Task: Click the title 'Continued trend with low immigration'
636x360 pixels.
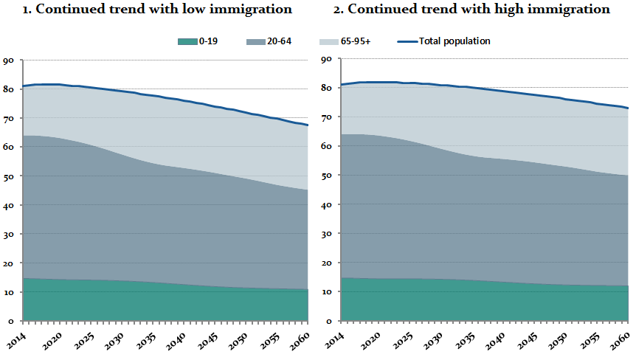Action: [157, 10]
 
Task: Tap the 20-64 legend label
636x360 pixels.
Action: [279, 41]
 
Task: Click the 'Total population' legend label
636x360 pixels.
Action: [454, 41]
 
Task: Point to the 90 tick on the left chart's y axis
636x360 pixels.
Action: [8, 60]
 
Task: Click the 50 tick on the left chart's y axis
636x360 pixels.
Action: [8, 176]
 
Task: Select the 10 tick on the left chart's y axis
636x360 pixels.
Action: [8, 292]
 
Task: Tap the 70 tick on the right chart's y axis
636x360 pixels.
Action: [325, 118]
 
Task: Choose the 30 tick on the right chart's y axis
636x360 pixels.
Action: [325, 234]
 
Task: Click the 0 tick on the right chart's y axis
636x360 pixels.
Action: [328, 321]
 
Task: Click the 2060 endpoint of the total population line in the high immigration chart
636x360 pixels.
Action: [628, 108]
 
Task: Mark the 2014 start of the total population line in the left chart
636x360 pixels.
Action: [24, 86]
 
